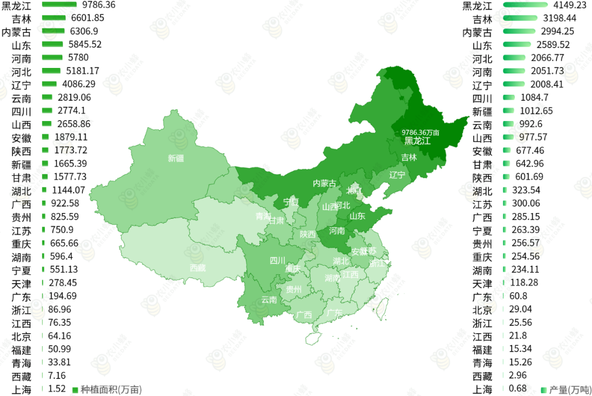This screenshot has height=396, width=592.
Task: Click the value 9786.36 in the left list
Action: pos(99,4)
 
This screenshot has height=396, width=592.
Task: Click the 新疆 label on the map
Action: pos(176,158)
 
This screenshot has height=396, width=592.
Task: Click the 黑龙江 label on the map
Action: pos(417,141)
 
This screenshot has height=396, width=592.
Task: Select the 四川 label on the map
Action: pos(277,261)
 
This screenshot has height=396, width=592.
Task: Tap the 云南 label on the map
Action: pos(269,300)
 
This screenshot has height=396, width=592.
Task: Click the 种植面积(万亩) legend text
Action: pos(111,389)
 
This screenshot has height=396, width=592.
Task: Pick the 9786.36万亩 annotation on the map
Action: pos(420,132)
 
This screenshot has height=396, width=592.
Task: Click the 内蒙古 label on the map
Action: pos(325,183)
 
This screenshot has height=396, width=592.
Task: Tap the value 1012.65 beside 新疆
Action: pos(536,111)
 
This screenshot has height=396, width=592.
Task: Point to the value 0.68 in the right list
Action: pos(517,389)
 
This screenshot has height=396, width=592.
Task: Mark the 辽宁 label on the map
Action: pos(397,175)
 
